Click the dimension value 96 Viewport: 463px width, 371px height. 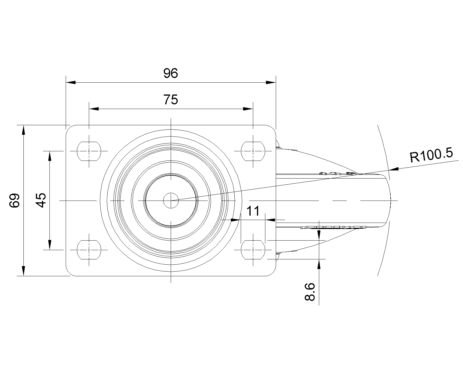click(171, 73)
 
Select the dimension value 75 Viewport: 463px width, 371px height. click(171, 100)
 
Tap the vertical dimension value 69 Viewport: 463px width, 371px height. click(15, 201)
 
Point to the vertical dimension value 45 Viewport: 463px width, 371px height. click(41, 200)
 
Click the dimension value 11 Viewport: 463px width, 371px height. click(253, 211)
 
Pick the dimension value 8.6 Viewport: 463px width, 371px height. click(310, 292)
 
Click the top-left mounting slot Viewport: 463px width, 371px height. click(89, 151)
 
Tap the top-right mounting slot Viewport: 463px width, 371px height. click(253, 151)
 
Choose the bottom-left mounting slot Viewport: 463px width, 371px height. click(89, 250)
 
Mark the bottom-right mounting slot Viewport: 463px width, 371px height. click(253, 250)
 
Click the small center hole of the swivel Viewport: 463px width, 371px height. click(171, 201)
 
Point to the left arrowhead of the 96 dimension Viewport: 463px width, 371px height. click(71, 82)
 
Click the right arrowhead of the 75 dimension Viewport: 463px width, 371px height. click(248, 109)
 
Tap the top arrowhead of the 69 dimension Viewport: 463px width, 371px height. click(23, 130)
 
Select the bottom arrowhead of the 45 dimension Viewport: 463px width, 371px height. click(50, 245)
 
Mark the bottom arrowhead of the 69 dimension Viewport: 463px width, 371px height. click(23, 271)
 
